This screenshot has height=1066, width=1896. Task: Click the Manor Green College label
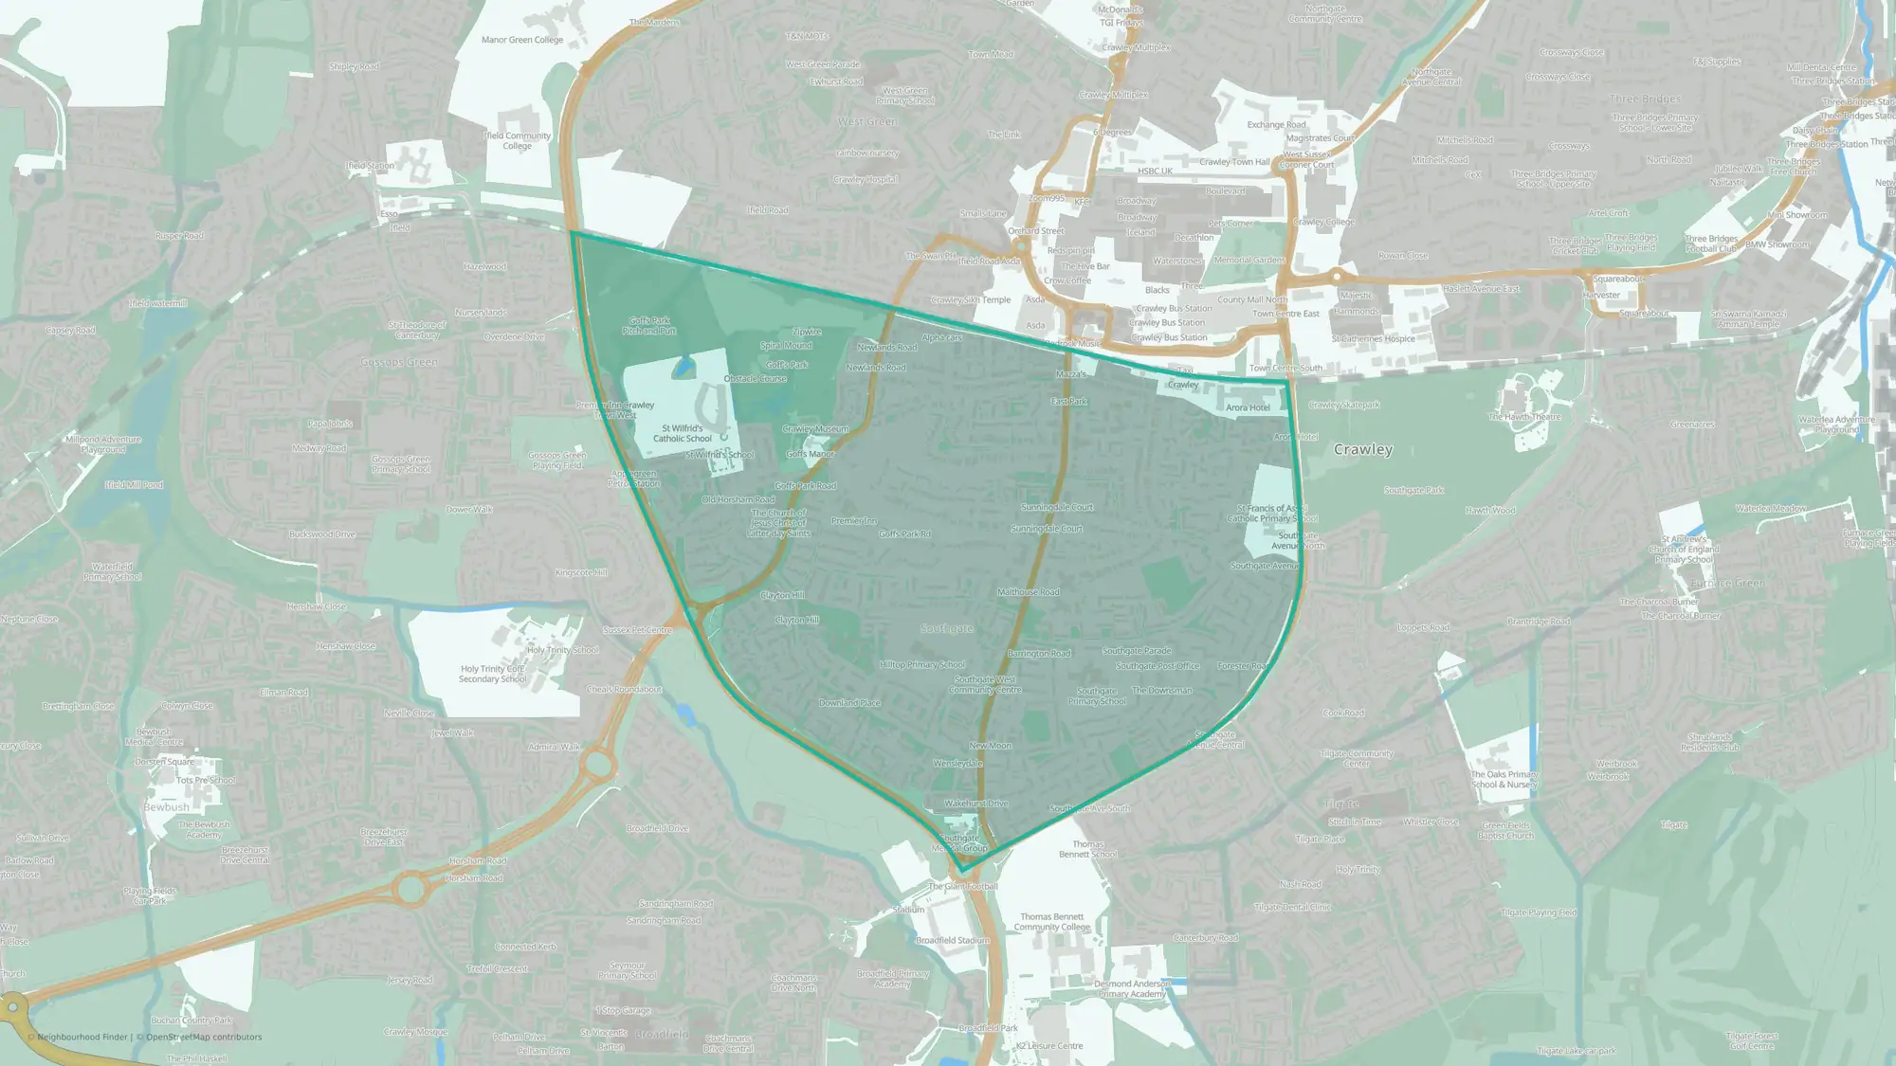click(x=521, y=40)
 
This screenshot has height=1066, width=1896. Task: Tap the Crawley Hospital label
click(x=865, y=179)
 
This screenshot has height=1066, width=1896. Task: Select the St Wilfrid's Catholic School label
click(x=682, y=433)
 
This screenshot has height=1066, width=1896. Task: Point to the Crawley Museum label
click(x=815, y=429)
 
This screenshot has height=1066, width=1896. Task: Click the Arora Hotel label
click(x=1248, y=407)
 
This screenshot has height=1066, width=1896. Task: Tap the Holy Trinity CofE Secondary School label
click(x=492, y=674)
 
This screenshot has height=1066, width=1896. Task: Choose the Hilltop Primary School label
click(x=921, y=664)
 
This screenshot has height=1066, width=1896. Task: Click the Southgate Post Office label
click(x=1158, y=666)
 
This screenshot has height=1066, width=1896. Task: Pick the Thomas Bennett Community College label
click(x=1051, y=922)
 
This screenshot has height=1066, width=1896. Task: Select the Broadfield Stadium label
click(x=952, y=940)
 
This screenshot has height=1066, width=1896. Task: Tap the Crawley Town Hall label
click(x=1233, y=162)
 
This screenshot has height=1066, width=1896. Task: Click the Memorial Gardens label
click(x=1249, y=260)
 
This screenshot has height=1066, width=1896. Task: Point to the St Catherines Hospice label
click(x=1373, y=338)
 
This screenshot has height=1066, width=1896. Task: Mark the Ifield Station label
click(x=370, y=166)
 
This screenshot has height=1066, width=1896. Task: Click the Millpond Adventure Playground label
click(x=103, y=443)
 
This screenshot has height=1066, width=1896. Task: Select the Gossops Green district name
click(x=399, y=362)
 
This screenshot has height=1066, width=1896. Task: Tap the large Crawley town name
click(x=1362, y=449)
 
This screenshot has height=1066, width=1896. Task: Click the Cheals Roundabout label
click(x=624, y=689)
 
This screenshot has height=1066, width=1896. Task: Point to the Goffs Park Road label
click(x=805, y=486)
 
